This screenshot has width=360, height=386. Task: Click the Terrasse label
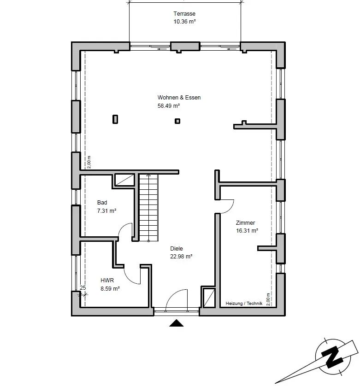184,14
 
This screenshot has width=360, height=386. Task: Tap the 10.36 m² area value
184,22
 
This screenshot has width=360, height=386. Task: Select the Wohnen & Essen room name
179,98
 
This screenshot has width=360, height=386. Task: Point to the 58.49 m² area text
168,105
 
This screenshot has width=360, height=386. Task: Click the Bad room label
102,203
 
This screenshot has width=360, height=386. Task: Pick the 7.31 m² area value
106,211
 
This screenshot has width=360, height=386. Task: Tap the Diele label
177,249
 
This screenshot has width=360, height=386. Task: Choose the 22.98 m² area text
181,257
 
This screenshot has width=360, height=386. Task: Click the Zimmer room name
245,223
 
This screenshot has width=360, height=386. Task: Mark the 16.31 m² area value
247,231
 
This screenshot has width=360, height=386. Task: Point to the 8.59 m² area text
110,288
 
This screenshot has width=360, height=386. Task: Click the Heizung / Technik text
244,304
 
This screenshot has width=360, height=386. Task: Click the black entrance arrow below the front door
176,323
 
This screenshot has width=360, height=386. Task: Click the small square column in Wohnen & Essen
177,121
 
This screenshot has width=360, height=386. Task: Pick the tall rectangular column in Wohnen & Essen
115,119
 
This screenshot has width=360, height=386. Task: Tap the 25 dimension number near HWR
83,288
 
